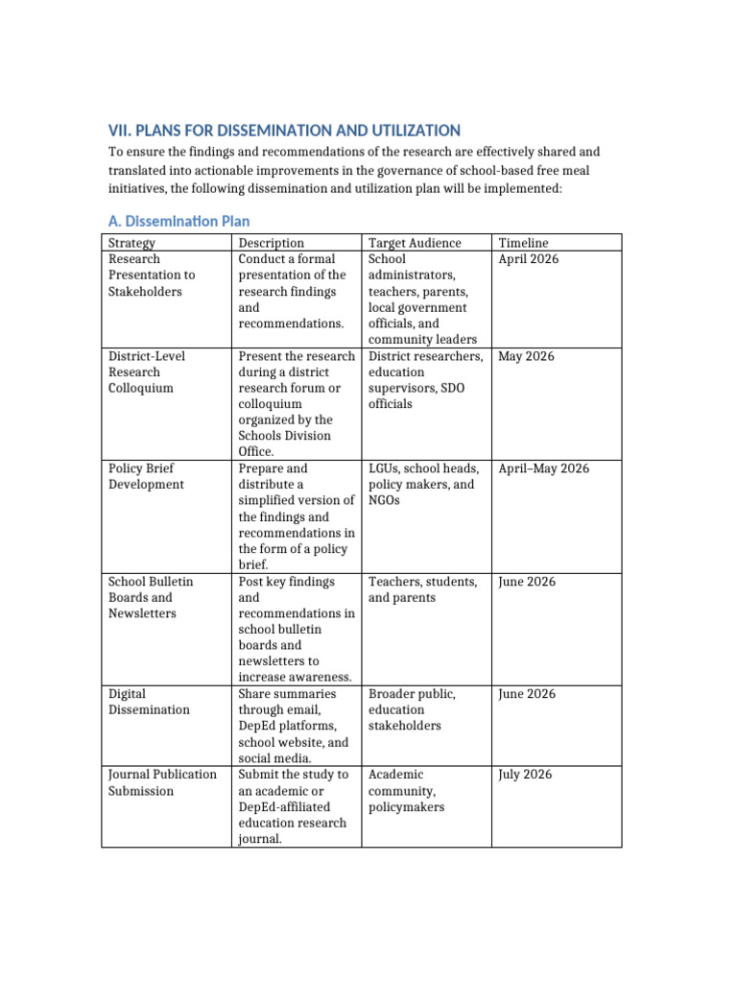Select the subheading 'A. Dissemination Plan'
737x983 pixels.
pos(178,221)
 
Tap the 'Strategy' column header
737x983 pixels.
pos(132,243)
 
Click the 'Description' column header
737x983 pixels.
pos(272,243)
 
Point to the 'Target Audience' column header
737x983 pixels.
pos(415,243)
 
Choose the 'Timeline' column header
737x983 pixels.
pos(524,243)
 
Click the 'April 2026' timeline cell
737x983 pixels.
pos(529,259)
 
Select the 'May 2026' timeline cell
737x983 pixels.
pos(526,356)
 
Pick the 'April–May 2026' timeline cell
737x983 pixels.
pos(544,468)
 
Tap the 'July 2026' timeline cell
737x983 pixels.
pos(525,775)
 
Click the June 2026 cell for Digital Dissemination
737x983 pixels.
pos(526,694)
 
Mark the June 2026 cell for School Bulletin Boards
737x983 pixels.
pos(526,582)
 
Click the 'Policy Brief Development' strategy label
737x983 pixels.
pos(146,476)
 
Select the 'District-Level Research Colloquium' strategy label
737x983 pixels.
pos(147,372)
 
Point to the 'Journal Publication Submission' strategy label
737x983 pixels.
pos(162,782)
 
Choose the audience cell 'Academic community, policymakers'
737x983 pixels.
pos(406,791)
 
